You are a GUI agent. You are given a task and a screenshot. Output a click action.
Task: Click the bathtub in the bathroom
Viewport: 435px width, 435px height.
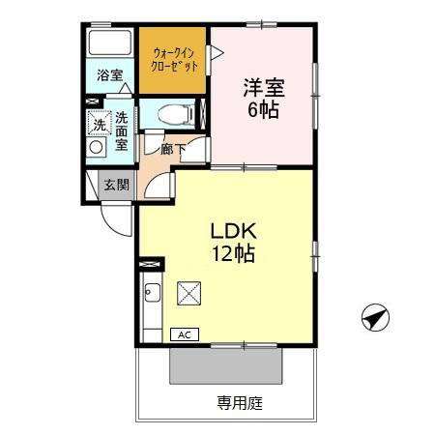pos(108,43)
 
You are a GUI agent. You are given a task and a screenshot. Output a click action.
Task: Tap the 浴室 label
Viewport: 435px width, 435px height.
pos(109,75)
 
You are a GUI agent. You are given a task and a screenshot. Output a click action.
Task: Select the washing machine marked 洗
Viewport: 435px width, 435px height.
pos(99,124)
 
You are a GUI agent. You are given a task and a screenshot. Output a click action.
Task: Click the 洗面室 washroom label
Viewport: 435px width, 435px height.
pos(122,130)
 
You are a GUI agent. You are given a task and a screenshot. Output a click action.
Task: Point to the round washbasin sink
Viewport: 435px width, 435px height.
pos(97,148)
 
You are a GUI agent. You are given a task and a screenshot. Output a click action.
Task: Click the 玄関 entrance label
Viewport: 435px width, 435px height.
pos(117,185)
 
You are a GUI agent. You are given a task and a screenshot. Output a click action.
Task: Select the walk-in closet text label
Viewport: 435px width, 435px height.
pos(174,61)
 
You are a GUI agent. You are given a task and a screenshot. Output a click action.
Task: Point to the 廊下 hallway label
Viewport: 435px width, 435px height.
pos(171,149)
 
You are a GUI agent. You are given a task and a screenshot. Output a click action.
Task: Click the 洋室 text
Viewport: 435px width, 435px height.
pos(261,87)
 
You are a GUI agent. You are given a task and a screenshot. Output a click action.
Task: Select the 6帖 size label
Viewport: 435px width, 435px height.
pos(261,110)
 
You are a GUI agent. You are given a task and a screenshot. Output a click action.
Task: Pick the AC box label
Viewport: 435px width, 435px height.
pos(184,334)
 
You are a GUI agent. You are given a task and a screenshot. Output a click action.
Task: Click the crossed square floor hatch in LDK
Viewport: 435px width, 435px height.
pos(188,292)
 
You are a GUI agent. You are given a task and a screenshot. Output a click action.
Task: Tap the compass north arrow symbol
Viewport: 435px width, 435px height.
pos(374,316)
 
